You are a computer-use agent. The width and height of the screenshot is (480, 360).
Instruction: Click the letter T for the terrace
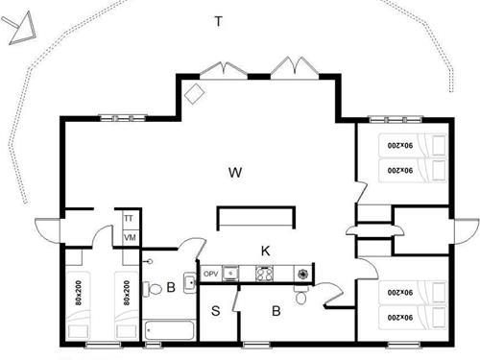[x=219, y=21]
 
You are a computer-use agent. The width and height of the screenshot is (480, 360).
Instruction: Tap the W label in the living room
[x=235, y=173]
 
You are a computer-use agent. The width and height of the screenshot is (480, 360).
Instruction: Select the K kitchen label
[x=266, y=251]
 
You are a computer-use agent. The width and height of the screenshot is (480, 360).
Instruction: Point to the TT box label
[x=129, y=219]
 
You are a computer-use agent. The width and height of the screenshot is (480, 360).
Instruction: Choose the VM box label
[x=129, y=236]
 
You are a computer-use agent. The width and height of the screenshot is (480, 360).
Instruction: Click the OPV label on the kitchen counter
[x=211, y=273]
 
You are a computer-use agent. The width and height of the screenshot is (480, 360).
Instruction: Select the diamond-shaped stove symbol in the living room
[x=195, y=94]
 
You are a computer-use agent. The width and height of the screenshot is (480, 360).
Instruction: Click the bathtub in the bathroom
[x=169, y=330]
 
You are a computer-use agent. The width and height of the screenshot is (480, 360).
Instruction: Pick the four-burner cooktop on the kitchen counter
[x=264, y=274]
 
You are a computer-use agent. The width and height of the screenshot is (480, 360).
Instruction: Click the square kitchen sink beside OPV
[x=231, y=273]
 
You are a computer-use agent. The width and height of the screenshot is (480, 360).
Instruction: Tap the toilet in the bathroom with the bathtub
[x=155, y=288]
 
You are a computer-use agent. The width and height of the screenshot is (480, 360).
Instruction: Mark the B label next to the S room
[x=275, y=310]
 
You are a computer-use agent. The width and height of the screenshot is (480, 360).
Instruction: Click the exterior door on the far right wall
[x=466, y=231]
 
